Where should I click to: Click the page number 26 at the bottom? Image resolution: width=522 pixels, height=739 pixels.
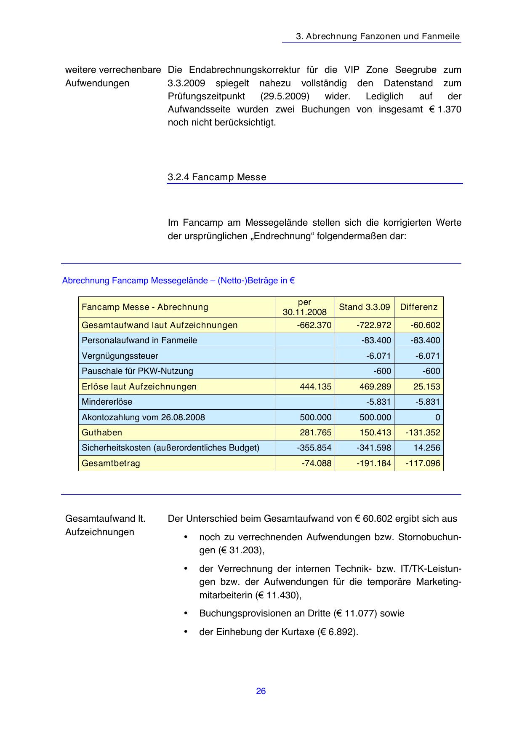tap(261, 691)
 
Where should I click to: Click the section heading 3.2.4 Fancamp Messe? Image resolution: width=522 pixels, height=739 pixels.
tap(217, 177)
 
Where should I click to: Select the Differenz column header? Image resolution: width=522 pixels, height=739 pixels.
tap(418, 307)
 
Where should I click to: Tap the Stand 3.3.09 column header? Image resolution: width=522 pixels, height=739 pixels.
tap(364, 307)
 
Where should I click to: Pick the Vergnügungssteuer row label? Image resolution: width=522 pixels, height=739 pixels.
tap(120, 356)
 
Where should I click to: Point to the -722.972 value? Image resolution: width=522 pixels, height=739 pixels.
tap(374, 325)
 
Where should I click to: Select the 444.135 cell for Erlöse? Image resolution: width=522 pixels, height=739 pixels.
tap(315, 387)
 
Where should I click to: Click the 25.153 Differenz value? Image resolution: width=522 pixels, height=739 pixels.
tap(426, 387)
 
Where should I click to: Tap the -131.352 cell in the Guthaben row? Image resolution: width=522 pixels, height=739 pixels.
tap(423, 432)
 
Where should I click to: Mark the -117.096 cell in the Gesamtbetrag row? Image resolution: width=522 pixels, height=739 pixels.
tap(423, 463)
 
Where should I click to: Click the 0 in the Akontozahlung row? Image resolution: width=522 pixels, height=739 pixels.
tap(437, 417)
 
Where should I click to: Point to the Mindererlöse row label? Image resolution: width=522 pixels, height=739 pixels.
tap(107, 402)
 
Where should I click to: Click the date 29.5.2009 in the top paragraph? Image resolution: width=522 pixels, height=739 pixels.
tap(285, 96)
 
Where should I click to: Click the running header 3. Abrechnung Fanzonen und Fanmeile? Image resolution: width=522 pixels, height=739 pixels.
tap(378, 36)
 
